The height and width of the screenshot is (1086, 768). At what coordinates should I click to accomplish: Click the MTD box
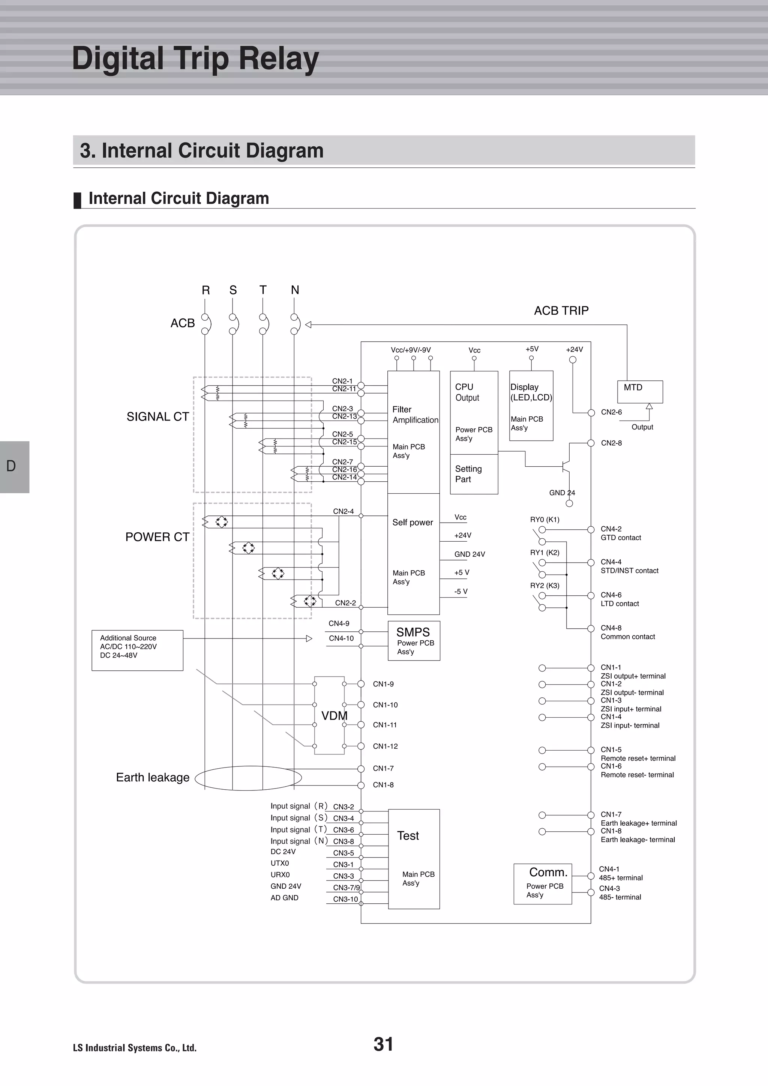[x=639, y=392]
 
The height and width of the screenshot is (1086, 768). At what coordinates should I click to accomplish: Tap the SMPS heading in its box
[x=413, y=632]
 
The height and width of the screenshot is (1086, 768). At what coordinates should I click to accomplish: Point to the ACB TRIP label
[x=561, y=311]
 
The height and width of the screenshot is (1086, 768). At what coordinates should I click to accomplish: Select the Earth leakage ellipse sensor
[x=248, y=778]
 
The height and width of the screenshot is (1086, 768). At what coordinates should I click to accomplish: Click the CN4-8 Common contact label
[x=627, y=632]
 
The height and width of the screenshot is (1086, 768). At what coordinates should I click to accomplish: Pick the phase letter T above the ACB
[x=263, y=290]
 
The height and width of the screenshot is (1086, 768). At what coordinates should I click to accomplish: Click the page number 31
[x=383, y=1044]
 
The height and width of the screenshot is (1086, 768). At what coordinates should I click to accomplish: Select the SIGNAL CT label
[x=157, y=417]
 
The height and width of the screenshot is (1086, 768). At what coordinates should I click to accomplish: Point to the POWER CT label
[x=157, y=537]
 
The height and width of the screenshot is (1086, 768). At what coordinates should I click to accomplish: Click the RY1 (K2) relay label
[x=544, y=553]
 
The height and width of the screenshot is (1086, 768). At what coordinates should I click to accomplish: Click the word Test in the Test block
[x=408, y=836]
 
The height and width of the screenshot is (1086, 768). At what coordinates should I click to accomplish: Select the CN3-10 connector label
[x=345, y=899]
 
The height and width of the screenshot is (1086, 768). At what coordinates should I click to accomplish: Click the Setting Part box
[x=473, y=474]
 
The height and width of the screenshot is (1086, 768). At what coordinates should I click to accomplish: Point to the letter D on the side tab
[x=11, y=466]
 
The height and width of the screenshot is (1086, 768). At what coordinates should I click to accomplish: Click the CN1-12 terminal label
[x=385, y=747]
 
